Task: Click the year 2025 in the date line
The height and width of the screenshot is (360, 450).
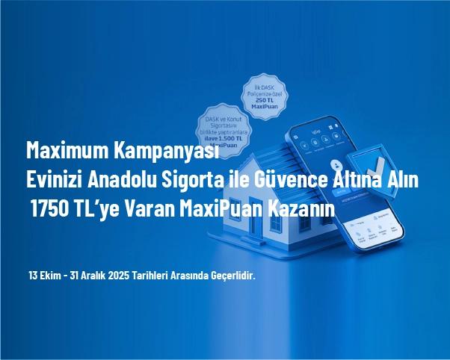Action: click(x=118, y=276)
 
